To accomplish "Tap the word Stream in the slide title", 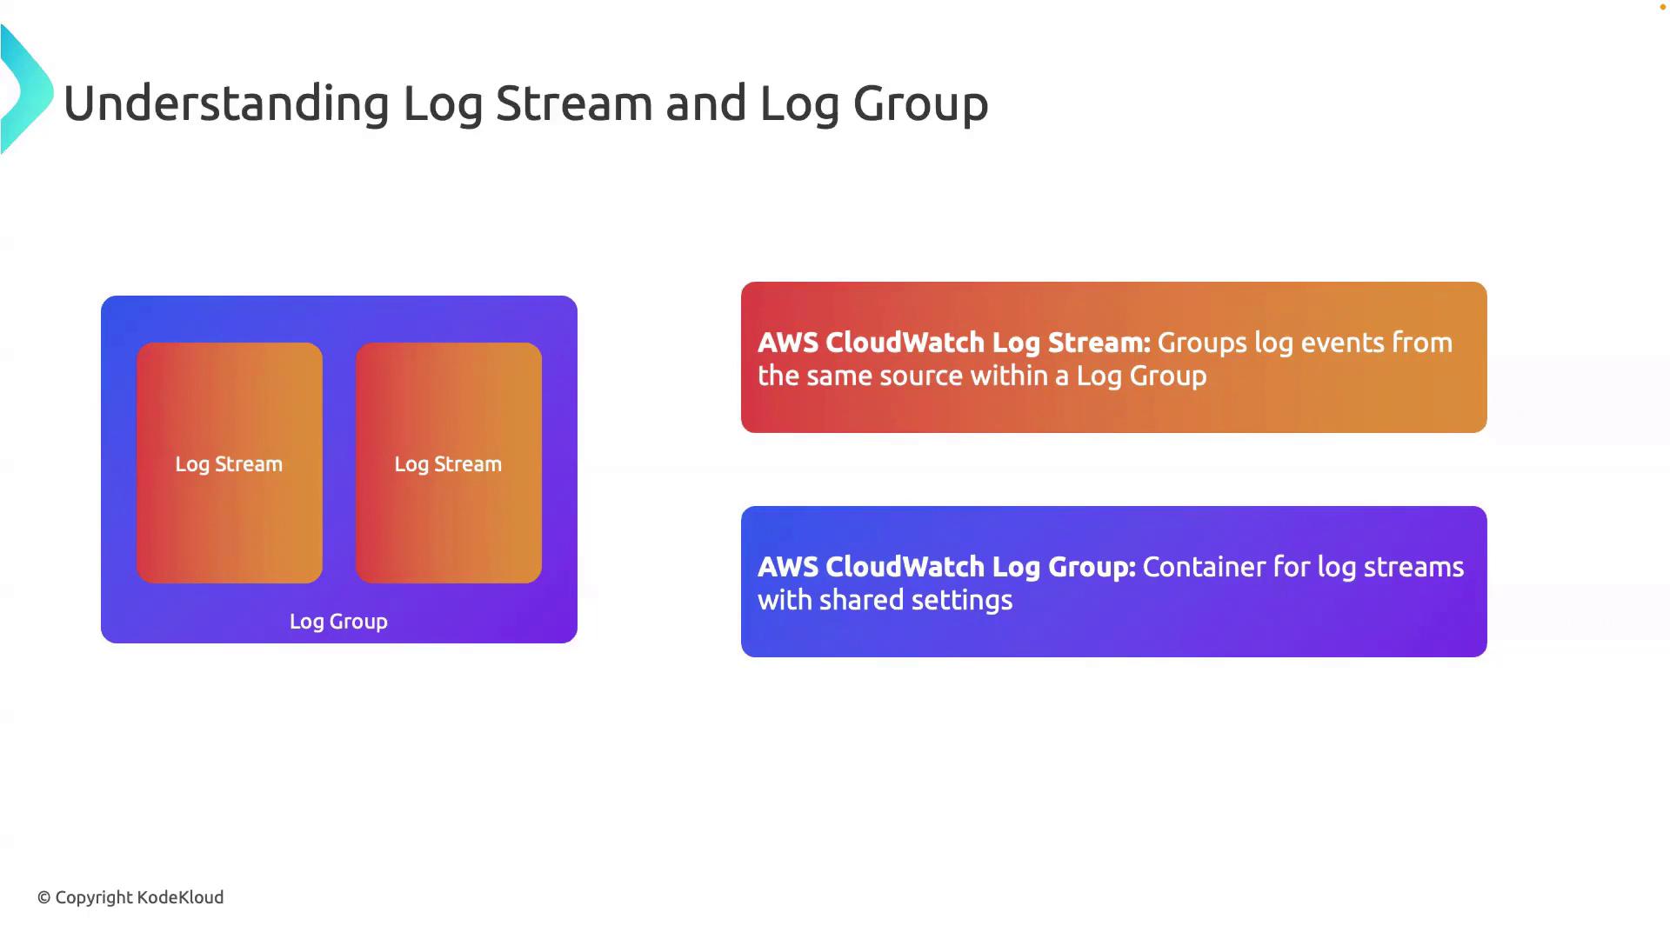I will [x=574, y=103].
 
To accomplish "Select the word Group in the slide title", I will [x=920, y=103].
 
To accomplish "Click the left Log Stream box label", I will [x=229, y=464].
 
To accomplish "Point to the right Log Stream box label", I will [x=448, y=464].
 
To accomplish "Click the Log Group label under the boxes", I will [x=338, y=622].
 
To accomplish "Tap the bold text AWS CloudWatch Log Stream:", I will [x=953, y=343].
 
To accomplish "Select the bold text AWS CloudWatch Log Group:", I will [x=946, y=567].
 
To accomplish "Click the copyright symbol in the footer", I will [x=44, y=897].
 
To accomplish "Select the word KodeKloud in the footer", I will [x=180, y=897].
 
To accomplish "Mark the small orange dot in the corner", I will [x=1662, y=7].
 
